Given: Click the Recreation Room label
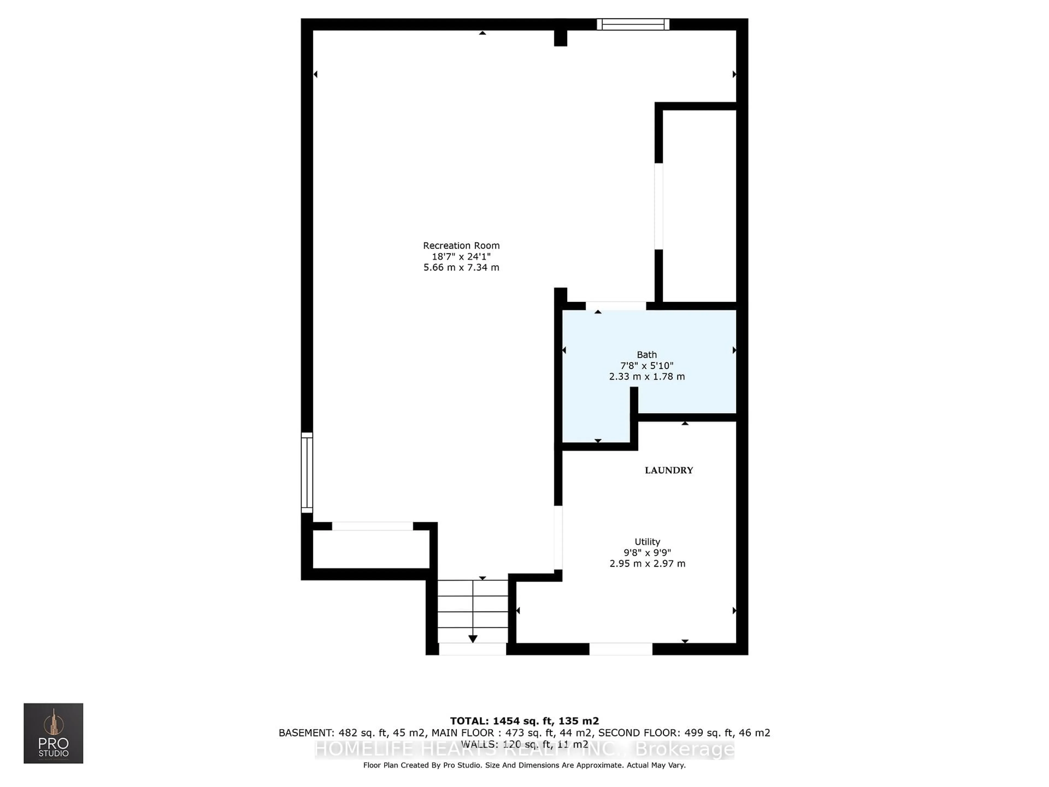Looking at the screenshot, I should [461, 246].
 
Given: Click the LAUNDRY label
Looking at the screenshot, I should [669, 470].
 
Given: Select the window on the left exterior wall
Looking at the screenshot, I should [307, 472].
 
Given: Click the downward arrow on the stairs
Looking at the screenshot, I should [473, 639].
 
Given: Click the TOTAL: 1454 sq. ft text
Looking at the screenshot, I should [524, 721].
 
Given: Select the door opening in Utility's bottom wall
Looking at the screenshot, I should [620, 649].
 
